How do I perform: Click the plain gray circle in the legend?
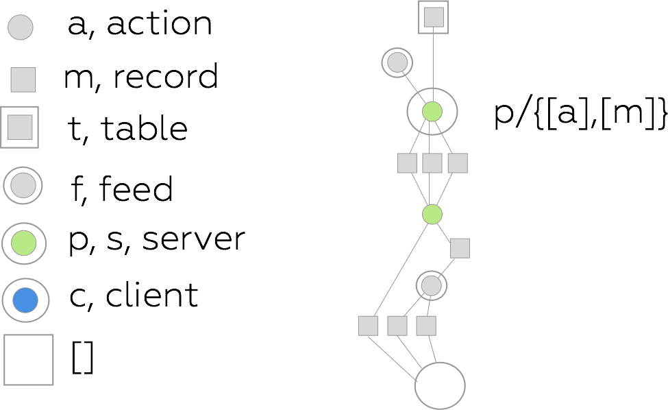[21, 27]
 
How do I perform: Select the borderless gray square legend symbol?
[23, 80]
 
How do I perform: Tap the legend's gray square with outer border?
[20, 127]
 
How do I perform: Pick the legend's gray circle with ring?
[23, 185]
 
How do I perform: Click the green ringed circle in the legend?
[24, 243]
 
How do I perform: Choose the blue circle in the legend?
[25, 300]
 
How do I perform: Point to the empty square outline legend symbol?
[29, 360]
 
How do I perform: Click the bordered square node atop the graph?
[433, 17]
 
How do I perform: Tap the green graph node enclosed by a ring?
[432, 111]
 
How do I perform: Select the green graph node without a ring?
[432, 215]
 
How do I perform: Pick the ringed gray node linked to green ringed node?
[397, 62]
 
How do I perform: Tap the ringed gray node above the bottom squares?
[432, 285]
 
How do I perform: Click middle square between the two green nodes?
[432, 163]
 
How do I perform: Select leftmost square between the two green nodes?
[407, 163]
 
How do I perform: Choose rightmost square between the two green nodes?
[458, 163]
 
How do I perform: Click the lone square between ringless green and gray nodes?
[460, 248]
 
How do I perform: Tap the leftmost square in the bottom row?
[368, 326]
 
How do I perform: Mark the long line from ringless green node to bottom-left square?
[400, 270]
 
